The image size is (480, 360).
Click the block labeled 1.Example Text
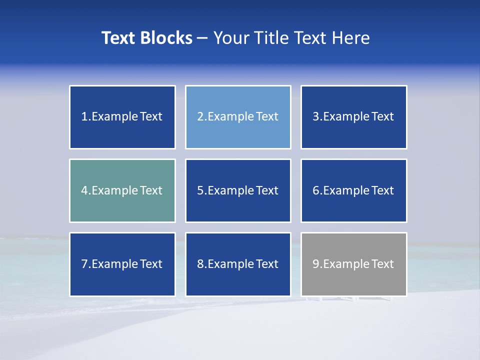pos(122,117)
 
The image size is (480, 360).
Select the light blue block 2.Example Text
pos(238,117)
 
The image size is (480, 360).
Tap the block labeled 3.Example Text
pos(353,117)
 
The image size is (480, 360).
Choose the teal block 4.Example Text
pos(122,190)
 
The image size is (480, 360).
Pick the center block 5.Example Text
pos(238,190)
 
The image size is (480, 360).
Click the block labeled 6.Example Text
pos(353,190)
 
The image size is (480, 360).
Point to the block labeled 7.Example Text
pos(122,264)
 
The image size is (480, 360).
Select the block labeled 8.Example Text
pos(238,264)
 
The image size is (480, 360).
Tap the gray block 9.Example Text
pos(353,264)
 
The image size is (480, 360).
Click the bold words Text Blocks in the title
pos(146,38)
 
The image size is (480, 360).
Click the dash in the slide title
pos(202,38)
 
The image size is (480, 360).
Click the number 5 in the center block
pos(200,190)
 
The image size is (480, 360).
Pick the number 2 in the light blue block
pos(200,117)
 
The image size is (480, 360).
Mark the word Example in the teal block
pos(114,190)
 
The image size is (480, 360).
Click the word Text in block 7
pos(151,264)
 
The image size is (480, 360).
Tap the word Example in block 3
pos(346,117)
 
